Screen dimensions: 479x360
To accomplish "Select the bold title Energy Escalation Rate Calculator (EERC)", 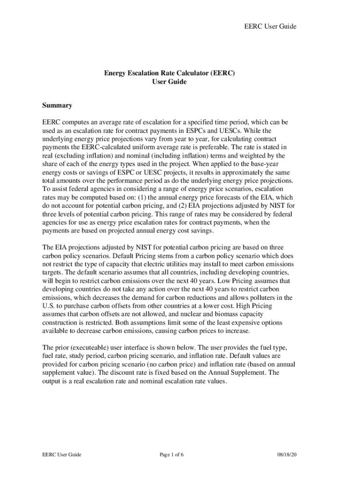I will coord(169,73).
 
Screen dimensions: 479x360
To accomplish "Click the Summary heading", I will coord(57,105).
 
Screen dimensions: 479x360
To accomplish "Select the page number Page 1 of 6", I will coord(171,454).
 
